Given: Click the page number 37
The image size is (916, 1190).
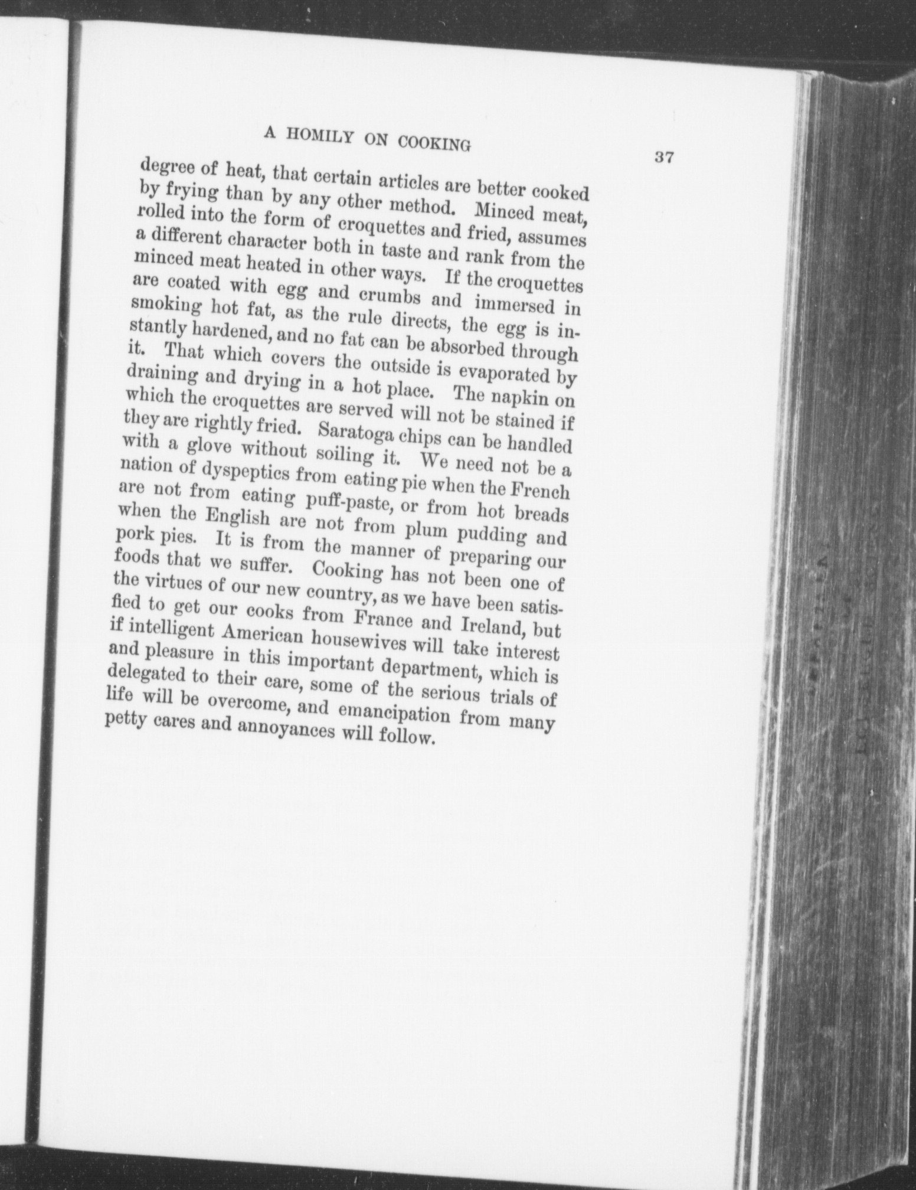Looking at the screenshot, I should pyautogui.click(x=664, y=158).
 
